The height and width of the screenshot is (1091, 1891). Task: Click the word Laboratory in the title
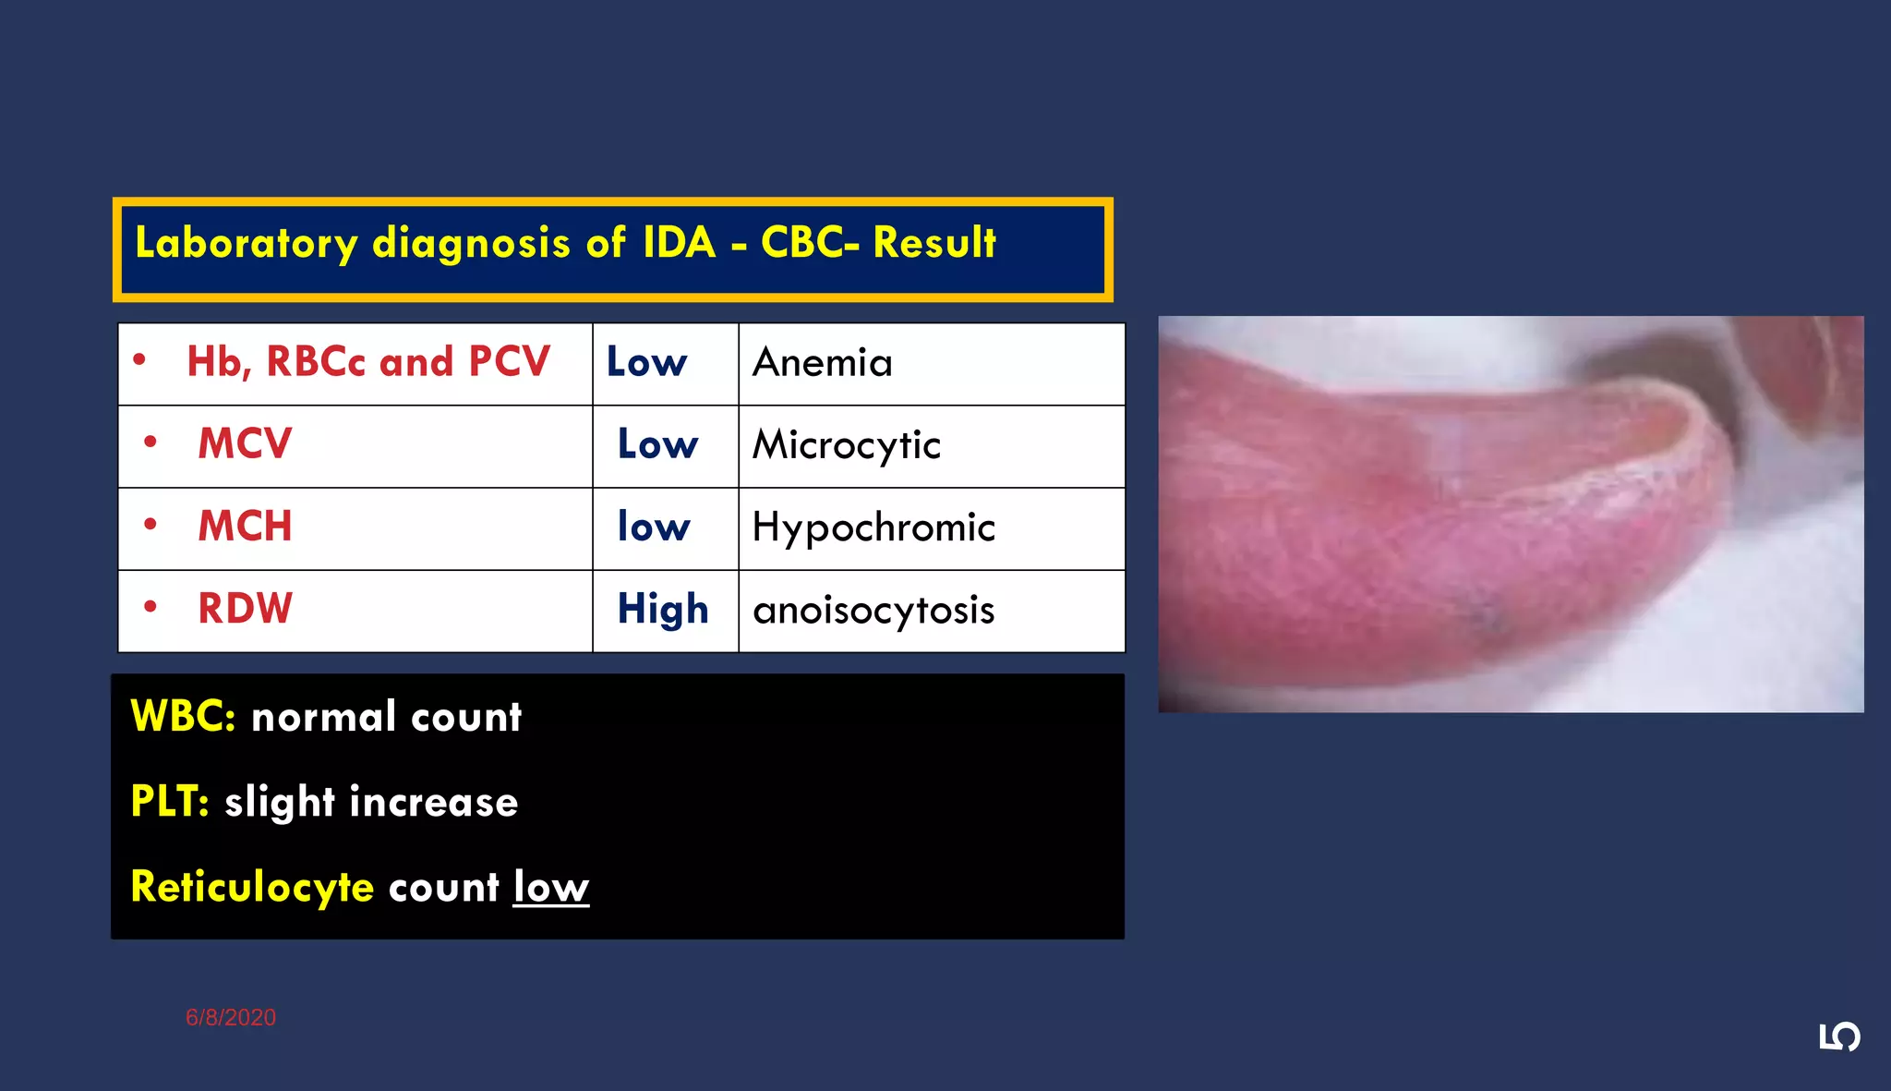point(246,244)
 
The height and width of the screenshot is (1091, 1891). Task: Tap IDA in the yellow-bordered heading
point(679,243)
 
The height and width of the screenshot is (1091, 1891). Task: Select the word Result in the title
point(933,243)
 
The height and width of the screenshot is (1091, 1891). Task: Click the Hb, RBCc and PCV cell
point(367,362)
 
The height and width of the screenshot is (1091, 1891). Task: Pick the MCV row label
point(245,444)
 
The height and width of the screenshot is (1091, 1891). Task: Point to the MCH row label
point(245,527)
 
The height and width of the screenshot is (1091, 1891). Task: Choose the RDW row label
point(245,609)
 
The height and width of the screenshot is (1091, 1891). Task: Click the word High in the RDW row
point(663,610)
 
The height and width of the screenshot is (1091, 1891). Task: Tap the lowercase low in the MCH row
point(654,527)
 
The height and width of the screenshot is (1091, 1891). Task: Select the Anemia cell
point(823,362)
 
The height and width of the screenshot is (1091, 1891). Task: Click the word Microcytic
point(847,445)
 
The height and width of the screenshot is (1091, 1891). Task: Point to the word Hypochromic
point(873,527)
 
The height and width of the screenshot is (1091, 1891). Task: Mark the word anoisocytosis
point(873,610)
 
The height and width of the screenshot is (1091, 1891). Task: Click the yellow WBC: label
point(183,717)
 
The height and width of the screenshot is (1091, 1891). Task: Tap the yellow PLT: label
point(170,802)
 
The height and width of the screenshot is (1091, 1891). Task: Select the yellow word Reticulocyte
point(252,887)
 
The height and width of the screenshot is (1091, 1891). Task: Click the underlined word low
point(551,887)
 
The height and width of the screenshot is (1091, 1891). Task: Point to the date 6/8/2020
point(231,1017)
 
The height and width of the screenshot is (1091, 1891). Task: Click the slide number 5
point(1839,1037)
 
